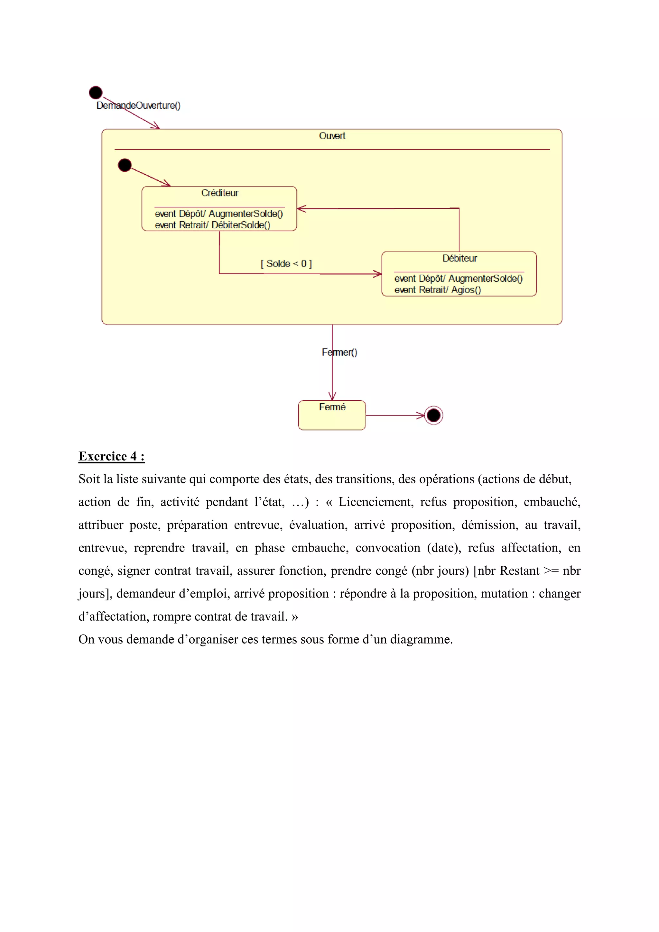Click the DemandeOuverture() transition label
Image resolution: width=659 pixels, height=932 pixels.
[138, 105]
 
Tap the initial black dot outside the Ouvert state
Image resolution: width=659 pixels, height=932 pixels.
[96, 93]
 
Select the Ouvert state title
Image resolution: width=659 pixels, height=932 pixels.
[332, 136]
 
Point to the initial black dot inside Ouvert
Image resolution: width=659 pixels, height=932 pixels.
[125, 165]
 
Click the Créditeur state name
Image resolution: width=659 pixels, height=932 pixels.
[220, 193]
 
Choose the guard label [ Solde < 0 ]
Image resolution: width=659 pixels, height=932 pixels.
[286, 263]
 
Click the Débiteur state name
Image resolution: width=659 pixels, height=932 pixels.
[459, 258]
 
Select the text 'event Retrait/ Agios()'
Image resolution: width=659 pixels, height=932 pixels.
[437, 290]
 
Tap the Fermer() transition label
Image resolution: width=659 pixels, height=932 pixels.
[339, 352]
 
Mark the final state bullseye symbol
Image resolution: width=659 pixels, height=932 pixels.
[433, 415]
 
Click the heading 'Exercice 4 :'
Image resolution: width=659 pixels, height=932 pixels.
[112, 456]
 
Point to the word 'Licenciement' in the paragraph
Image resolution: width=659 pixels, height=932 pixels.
[375, 502]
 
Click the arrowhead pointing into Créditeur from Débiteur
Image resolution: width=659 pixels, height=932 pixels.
[301, 209]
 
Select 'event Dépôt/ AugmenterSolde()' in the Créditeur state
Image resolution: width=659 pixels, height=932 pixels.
[218, 214]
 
